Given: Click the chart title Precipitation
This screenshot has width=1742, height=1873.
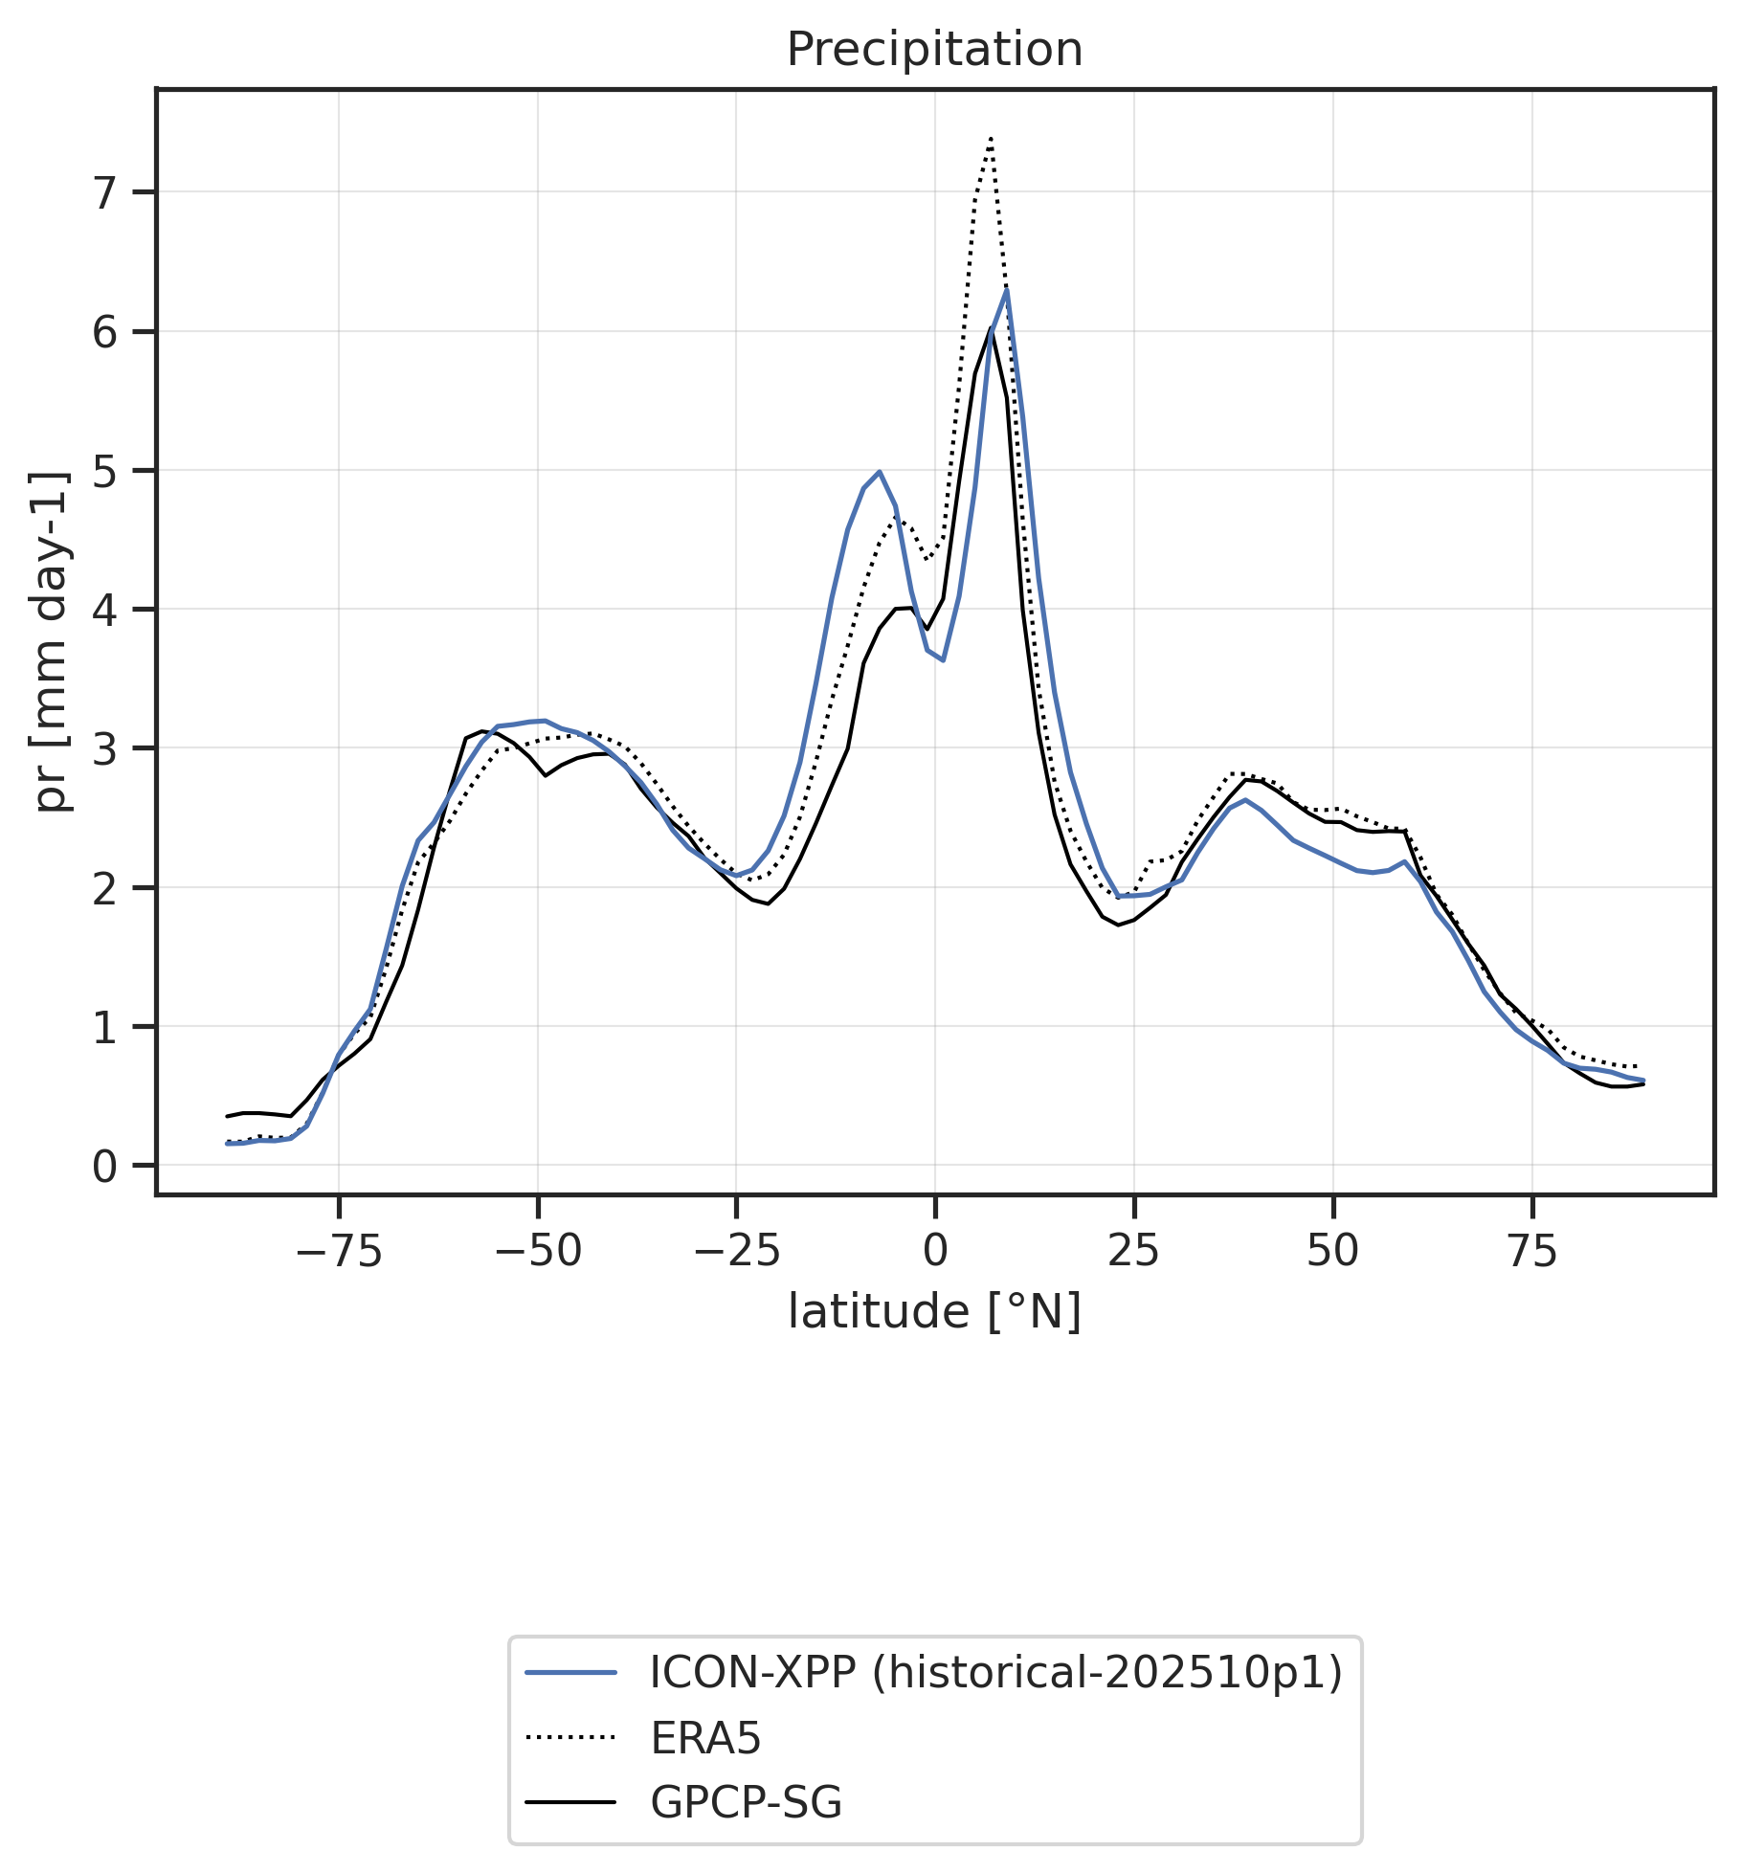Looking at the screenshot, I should click(x=934, y=50).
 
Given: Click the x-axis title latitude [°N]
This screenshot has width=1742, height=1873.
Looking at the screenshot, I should click(x=934, y=1312).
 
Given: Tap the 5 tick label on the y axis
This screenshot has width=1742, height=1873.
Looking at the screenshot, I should click(x=104, y=472).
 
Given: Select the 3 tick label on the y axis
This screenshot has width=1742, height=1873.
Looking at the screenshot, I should click(x=104, y=749).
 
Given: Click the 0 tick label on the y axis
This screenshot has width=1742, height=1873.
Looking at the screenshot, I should click(x=104, y=1167).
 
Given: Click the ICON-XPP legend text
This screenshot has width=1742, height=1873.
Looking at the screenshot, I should click(x=995, y=1672).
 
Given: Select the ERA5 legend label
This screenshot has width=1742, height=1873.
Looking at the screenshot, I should click(x=705, y=1738).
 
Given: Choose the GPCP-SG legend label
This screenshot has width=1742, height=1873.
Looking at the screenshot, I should click(x=746, y=1803).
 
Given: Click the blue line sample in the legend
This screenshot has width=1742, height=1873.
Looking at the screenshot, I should click(x=570, y=1673).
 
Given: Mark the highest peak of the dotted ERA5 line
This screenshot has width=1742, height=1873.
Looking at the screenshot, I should click(x=991, y=139).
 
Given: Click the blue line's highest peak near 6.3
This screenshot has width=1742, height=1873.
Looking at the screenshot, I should click(x=1007, y=289).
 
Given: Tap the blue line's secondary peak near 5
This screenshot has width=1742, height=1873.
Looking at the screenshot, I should click(x=879, y=472).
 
